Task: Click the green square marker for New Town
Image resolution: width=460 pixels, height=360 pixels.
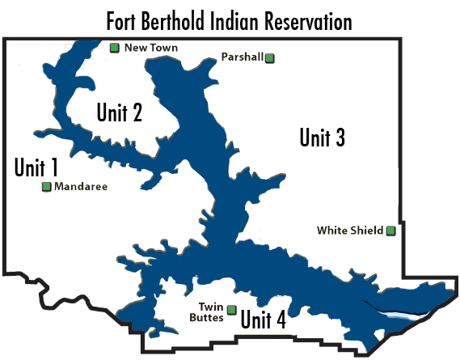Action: (115, 49)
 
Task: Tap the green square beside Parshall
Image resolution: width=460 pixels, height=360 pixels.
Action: (270, 57)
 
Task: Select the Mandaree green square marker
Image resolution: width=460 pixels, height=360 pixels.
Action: (46, 187)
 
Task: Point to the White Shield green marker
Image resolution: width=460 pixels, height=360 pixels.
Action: (390, 231)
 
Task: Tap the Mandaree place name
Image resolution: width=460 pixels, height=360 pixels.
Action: (80, 187)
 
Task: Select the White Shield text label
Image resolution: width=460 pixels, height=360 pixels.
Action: (349, 231)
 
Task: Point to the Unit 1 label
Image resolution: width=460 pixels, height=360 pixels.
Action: (36, 167)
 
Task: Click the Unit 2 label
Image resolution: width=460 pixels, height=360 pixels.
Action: (120, 112)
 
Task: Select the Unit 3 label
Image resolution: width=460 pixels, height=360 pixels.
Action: (322, 138)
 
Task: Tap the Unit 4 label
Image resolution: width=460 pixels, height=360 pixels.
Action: (264, 320)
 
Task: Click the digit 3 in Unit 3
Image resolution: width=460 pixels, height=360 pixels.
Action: (340, 138)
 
